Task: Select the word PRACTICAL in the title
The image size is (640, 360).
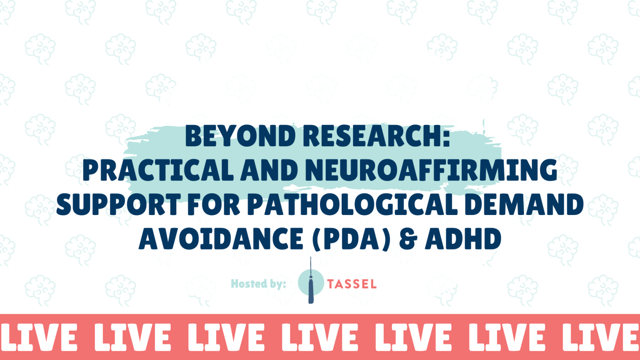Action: click(x=158, y=170)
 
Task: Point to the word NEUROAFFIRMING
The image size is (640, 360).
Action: click(x=431, y=170)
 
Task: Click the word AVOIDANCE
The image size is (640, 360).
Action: click(x=221, y=239)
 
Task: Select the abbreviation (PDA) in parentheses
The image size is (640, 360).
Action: click(x=352, y=239)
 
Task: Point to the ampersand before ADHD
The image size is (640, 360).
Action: click(x=408, y=239)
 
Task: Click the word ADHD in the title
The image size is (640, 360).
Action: click(x=463, y=239)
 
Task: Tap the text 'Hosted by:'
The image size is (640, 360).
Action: click(x=258, y=284)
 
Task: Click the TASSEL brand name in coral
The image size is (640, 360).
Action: click(x=352, y=284)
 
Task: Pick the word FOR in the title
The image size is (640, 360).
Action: click(x=213, y=205)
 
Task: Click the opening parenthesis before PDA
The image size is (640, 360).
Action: click(x=317, y=239)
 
